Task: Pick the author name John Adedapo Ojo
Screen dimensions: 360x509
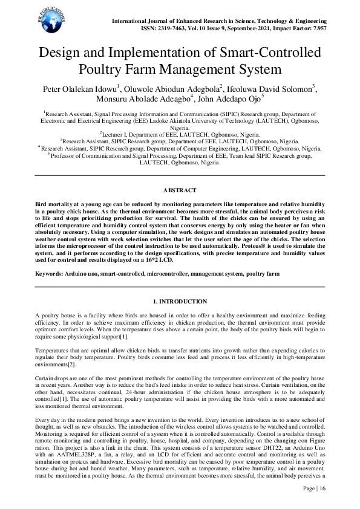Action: pos(236,100)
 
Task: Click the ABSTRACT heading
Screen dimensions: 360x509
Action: pos(180,191)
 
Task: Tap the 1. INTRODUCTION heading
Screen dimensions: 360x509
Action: pos(180,301)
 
